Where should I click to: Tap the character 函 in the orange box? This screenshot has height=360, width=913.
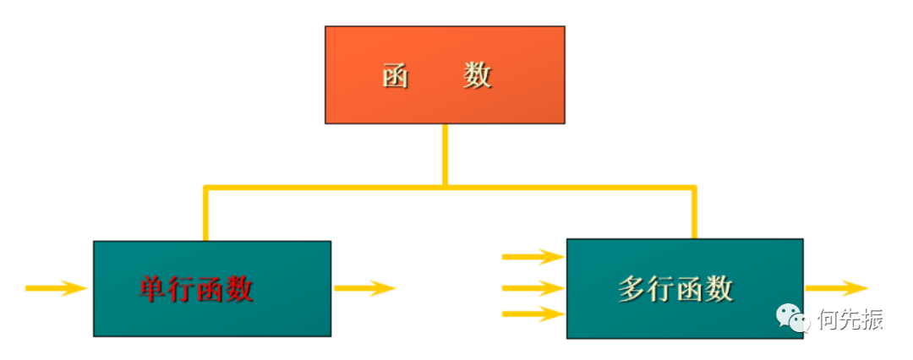click(396, 77)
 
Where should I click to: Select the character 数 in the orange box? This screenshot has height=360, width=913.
click(478, 77)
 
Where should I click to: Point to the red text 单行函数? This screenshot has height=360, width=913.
click(196, 290)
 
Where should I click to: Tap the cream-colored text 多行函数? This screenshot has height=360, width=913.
click(675, 290)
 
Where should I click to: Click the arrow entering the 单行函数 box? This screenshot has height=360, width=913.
click(56, 288)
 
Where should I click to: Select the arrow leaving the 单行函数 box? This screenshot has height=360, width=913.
click(364, 288)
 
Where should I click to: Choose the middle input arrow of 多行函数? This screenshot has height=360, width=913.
click(533, 288)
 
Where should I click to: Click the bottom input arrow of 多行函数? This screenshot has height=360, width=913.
click(533, 315)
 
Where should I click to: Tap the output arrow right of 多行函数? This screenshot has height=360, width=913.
click(836, 288)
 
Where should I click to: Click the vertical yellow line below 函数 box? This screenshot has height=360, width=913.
click(445, 154)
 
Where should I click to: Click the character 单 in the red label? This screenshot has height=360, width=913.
click(153, 290)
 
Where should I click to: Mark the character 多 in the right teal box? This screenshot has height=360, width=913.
click(632, 290)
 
